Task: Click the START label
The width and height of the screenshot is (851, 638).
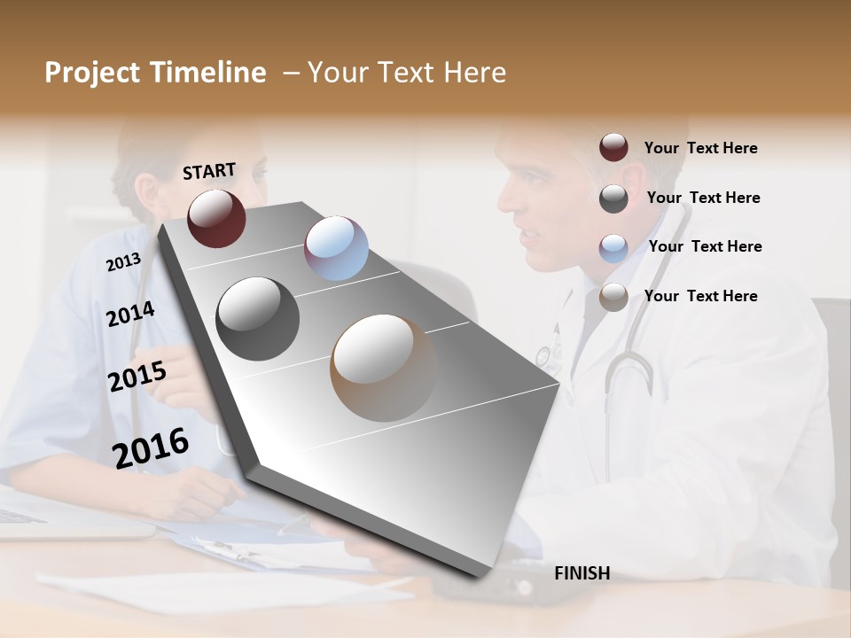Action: pos(209,171)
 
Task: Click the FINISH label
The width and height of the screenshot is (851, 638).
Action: pos(582,573)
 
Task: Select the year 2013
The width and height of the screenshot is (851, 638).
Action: pos(123,261)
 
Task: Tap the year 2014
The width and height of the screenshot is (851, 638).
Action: pos(130,314)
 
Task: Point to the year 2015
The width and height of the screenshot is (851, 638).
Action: pos(137,377)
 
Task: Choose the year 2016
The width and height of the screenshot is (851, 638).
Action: pos(151,447)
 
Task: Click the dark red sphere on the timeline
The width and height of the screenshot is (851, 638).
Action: pos(216,218)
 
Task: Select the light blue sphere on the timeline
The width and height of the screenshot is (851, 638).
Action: pos(336,248)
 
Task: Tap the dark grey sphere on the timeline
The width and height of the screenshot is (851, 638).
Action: pos(257,319)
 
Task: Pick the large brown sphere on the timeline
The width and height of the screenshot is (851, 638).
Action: pos(384,367)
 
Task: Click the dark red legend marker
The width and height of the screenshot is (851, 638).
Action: pos(613,148)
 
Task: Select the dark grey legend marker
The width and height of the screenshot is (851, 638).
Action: pos(613,198)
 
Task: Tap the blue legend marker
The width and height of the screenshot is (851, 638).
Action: pos(613,247)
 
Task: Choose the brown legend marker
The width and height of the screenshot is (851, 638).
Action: pos(613,297)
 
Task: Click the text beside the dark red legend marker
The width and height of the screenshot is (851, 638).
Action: pos(700,148)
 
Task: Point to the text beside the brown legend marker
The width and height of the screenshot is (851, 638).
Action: pos(700,296)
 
